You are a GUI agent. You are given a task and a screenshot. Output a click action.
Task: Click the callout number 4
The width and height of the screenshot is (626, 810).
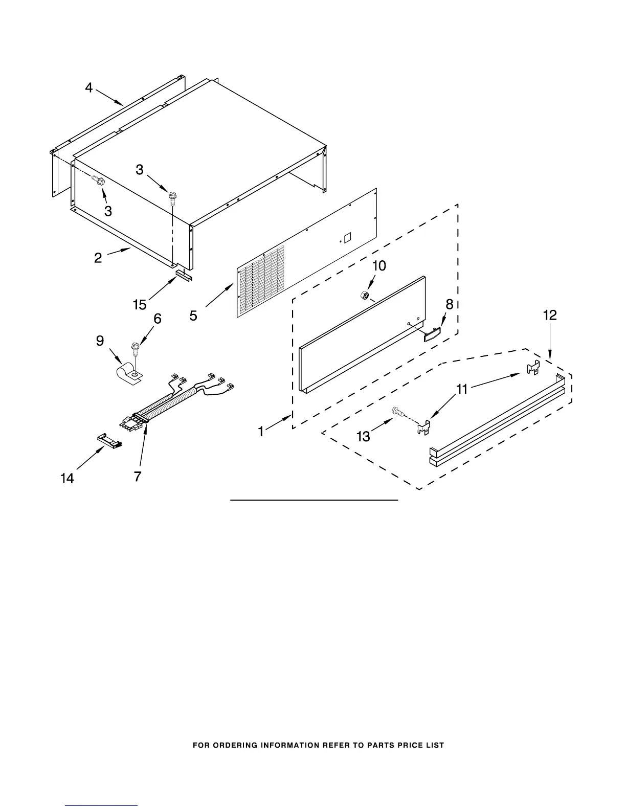89,88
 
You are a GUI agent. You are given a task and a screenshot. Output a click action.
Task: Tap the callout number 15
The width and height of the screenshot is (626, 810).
140,305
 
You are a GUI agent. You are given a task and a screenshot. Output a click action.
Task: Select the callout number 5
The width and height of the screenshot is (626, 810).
193,316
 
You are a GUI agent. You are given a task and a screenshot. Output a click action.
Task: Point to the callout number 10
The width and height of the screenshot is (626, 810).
379,266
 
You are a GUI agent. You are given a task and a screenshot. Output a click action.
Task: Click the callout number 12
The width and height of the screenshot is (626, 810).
550,316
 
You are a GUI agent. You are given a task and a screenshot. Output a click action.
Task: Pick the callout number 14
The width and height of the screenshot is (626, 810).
67,478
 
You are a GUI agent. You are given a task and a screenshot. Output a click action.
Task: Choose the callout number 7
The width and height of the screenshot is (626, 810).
138,476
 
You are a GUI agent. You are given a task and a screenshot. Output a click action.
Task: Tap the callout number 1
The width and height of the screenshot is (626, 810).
261,432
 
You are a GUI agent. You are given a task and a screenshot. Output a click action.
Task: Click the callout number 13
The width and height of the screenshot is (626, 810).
363,437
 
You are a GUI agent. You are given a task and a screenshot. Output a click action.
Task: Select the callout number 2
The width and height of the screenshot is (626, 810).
98,258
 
